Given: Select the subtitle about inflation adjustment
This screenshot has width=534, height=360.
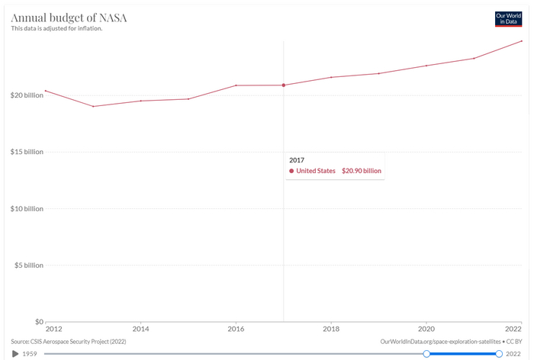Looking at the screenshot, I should pos(56,29).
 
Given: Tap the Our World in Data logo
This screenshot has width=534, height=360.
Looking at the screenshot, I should pos(508,19).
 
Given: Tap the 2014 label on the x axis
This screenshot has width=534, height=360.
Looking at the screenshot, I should pos(140,329).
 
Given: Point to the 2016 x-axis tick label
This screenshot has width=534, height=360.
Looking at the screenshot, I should pos(236,329).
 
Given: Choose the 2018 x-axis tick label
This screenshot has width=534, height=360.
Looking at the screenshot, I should pos(331,329).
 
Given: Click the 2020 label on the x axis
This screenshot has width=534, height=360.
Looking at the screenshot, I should pos(426,329).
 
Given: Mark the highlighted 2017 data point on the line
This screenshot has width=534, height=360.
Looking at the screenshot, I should pos(284,85).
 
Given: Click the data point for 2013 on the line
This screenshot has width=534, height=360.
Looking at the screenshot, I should pos(93,106).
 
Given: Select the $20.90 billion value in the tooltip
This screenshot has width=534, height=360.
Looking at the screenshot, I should pos(362,171).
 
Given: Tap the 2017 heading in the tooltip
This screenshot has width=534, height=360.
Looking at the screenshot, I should pos(297,160).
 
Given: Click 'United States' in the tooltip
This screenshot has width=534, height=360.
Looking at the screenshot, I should pos(316,171).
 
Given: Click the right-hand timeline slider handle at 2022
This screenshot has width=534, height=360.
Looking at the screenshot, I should pos(499,354).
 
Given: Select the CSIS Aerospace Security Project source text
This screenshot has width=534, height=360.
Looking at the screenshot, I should pos(69,342).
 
